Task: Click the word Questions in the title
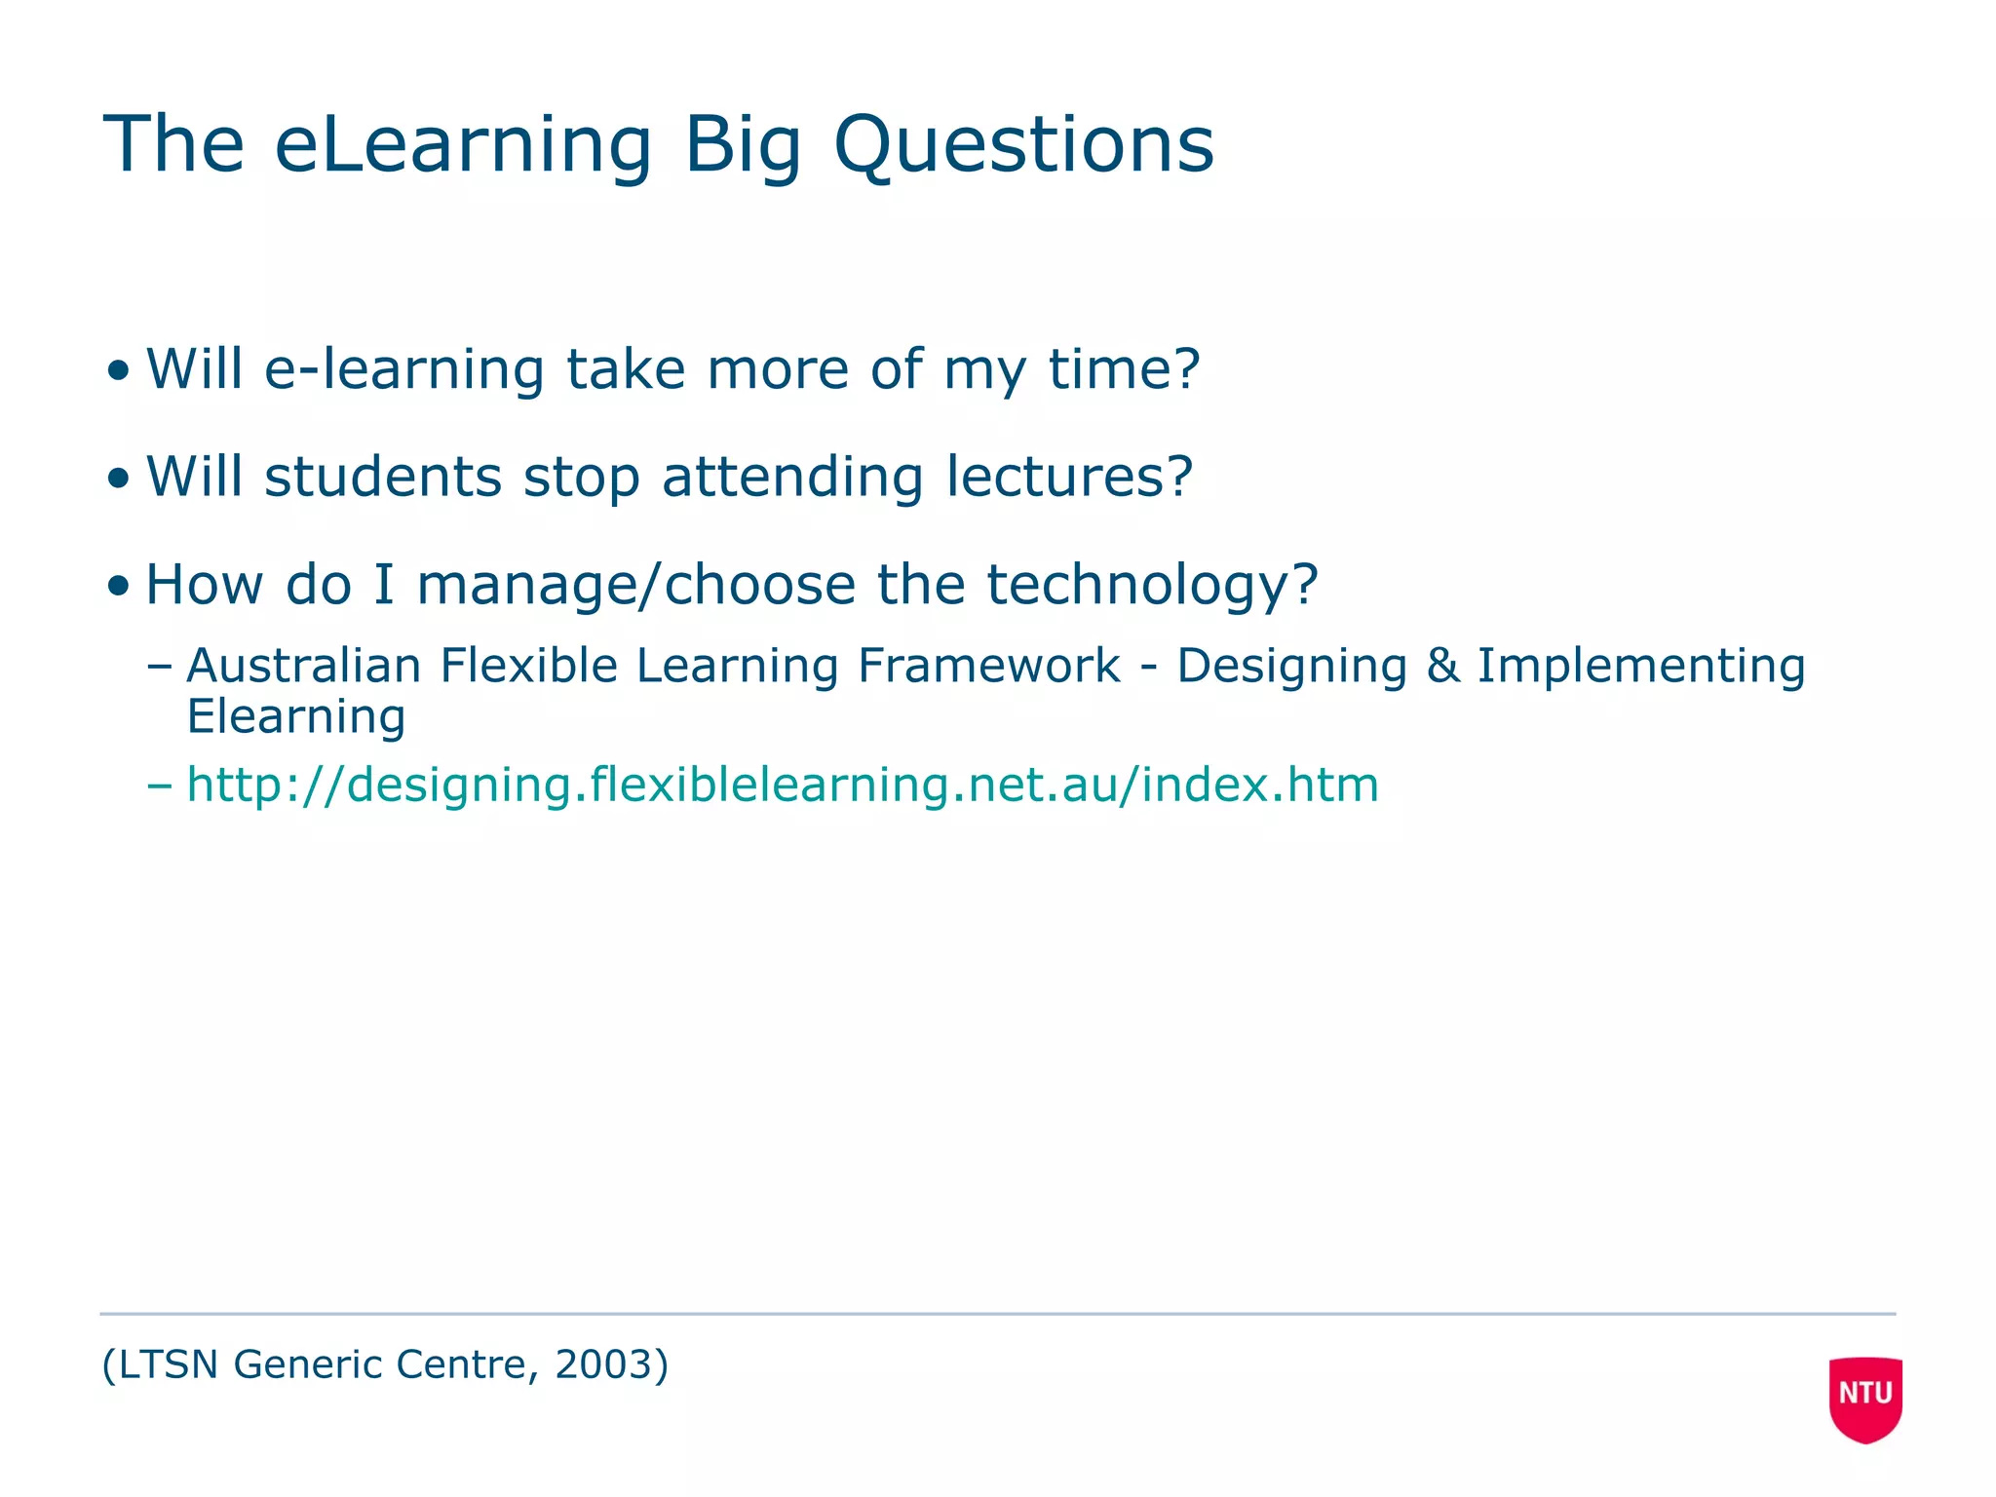tap(1023, 146)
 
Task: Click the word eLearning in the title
tap(463, 146)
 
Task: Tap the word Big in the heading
tap(743, 146)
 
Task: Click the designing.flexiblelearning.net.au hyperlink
tap(783, 785)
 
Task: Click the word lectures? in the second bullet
tap(1069, 477)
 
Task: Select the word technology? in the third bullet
tap(1152, 585)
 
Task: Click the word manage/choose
tap(636, 585)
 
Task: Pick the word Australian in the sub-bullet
tap(304, 667)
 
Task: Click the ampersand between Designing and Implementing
tap(1442, 667)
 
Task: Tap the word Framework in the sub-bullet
tap(988, 667)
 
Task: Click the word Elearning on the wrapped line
tap(296, 717)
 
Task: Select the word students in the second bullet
tap(383, 477)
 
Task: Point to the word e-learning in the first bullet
tap(404, 369)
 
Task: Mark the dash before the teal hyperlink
tap(159, 786)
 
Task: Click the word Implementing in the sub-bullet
tap(1641, 667)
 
